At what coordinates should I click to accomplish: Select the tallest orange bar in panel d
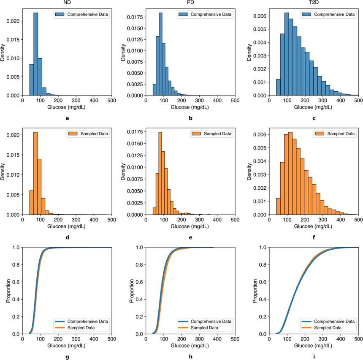point(35,173)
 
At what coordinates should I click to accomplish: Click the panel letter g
point(68,357)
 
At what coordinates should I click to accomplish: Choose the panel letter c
point(314,118)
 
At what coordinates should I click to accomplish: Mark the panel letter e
point(191,237)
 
